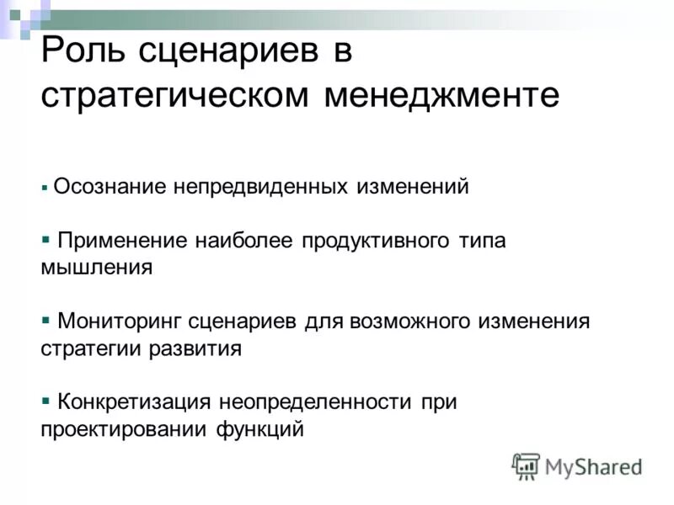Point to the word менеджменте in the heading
(x=440, y=94)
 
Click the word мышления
(x=96, y=268)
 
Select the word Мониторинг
(x=119, y=321)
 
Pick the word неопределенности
(x=316, y=401)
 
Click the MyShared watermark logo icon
(x=526, y=465)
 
